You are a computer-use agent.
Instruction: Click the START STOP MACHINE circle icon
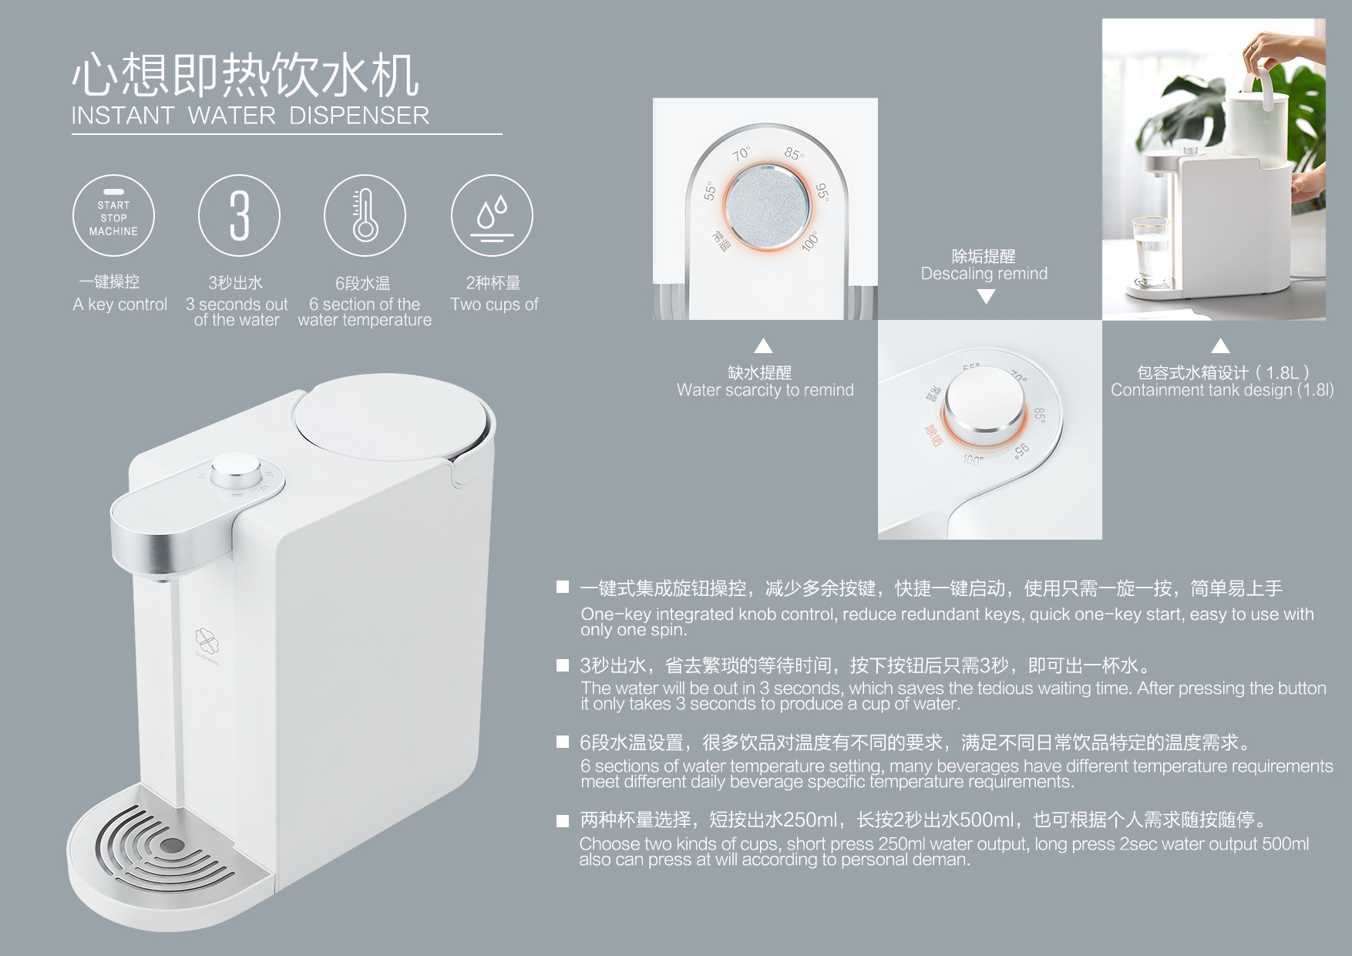tap(113, 216)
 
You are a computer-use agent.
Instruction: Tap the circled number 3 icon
tap(239, 216)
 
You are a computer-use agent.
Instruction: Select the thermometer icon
tap(365, 216)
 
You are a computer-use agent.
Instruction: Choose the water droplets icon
tap(492, 216)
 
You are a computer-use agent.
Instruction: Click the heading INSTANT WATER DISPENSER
tap(250, 116)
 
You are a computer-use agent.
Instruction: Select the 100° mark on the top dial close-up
tap(809, 241)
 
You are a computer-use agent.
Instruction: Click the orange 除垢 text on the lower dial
tap(933, 436)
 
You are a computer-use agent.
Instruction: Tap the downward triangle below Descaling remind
tap(986, 296)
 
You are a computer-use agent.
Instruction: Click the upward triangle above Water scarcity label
tap(763, 345)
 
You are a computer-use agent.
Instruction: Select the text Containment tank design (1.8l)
tap(1222, 390)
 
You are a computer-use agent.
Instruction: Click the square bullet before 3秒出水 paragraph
tap(563, 665)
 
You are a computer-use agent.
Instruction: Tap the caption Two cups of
tap(494, 305)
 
